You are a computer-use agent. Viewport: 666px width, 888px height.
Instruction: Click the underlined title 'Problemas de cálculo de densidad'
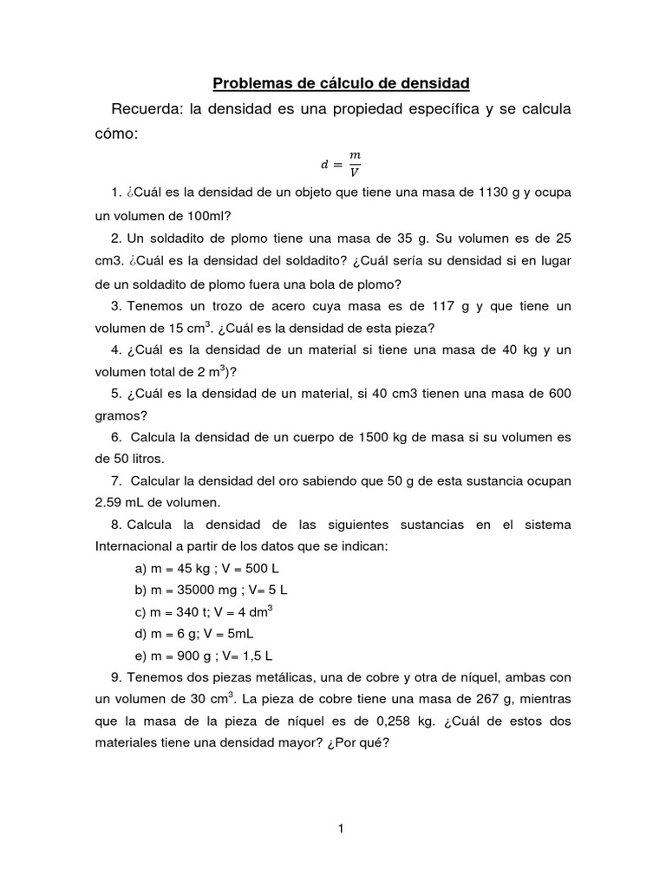point(341,83)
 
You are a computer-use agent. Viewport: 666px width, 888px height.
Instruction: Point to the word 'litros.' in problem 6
point(143,458)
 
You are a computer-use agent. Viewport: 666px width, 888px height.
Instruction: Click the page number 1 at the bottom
point(342,828)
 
